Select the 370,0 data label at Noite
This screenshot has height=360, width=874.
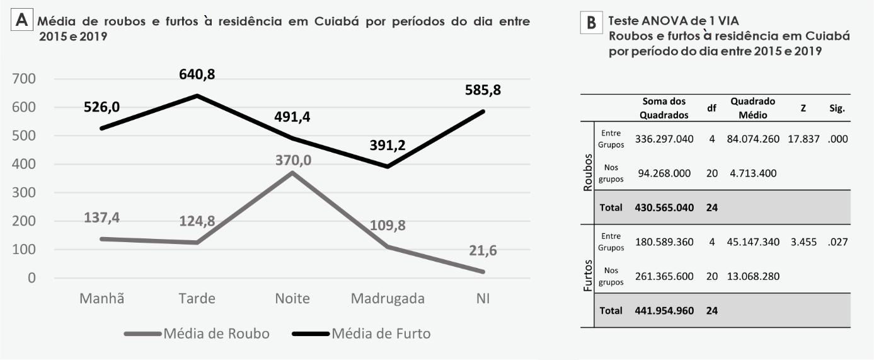pyautogui.click(x=293, y=160)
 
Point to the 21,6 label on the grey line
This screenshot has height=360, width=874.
pyautogui.click(x=483, y=251)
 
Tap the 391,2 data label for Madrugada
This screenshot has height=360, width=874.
pyautogui.click(x=388, y=146)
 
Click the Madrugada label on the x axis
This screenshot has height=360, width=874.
pyautogui.click(x=388, y=298)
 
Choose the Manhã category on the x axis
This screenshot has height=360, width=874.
pyautogui.click(x=101, y=298)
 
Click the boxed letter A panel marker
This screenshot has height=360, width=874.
pyautogui.click(x=22, y=21)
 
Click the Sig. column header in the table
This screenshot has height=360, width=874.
pyautogui.click(x=837, y=108)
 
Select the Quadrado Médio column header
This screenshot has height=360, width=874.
pyautogui.click(x=752, y=107)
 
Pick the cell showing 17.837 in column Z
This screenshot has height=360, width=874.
pyautogui.click(x=803, y=139)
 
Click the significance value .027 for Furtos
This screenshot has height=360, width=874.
pyautogui.click(x=837, y=241)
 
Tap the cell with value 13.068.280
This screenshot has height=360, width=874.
pyautogui.click(x=754, y=276)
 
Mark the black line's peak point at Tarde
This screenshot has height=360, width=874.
pyautogui.click(x=197, y=96)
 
